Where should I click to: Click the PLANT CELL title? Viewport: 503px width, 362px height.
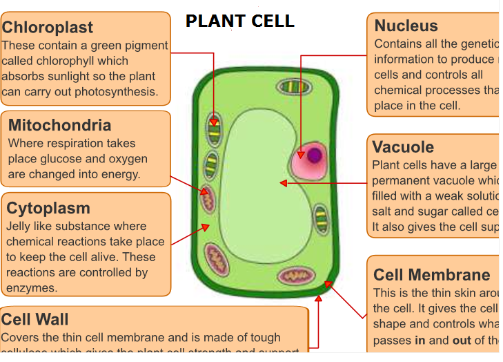click(x=239, y=21)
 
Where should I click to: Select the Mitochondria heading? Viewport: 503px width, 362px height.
click(x=59, y=125)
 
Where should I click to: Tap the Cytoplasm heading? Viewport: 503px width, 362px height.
click(x=48, y=208)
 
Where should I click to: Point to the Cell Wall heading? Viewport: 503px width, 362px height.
click(x=34, y=319)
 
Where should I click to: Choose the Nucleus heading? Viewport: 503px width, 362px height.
click(x=406, y=26)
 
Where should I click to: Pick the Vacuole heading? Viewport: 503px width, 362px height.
click(x=403, y=147)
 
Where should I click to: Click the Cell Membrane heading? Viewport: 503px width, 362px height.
click(x=431, y=276)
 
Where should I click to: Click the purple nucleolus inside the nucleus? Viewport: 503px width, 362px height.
click(x=314, y=155)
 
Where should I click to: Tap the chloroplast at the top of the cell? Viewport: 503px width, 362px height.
click(x=295, y=86)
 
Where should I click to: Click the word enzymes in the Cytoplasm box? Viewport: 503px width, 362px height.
click(x=31, y=288)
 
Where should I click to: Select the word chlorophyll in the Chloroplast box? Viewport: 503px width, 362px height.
click(x=66, y=61)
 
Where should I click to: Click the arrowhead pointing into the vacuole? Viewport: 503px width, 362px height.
click(x=282, y=183)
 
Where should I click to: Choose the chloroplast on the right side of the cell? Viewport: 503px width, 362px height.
click(x=321, y=218)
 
